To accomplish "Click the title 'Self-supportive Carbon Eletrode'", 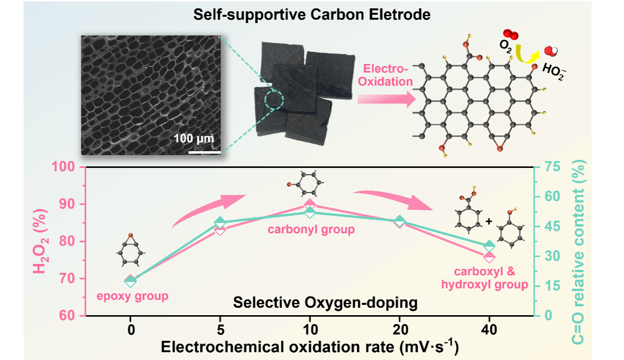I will pos(312,14).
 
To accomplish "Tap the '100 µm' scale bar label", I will pos(194,138).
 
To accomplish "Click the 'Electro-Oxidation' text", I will pos(385,75).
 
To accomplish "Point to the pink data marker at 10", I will pos(310,205).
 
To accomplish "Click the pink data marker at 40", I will pos(489,257).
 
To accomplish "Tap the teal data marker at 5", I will pos(220,223).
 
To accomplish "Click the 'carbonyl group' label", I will pos(311,230).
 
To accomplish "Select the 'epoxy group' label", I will pos(132,296).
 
